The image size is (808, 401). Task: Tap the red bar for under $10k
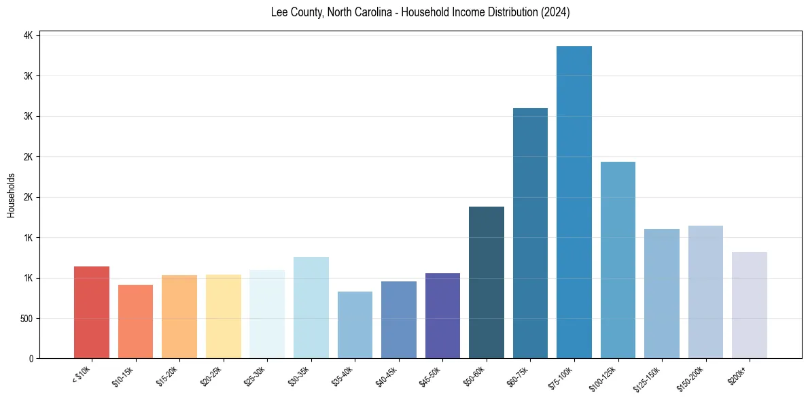tap(92, 312)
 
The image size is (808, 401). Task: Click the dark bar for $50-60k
tap(487, 282)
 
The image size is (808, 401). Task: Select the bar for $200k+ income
tap(749, 305)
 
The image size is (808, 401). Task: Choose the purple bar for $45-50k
tap(442, 315)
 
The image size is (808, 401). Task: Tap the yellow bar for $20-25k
tap(224, 316)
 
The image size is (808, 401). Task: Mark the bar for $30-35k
tap(311, 307)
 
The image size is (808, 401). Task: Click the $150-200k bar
tap(705, 292)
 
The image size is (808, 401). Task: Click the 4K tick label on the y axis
tap(29, 35)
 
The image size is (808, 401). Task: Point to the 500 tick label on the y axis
tap(27, 318)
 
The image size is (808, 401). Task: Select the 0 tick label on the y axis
tap(31, 358)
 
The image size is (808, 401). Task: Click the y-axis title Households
tap(12, 195)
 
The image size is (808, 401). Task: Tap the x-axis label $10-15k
tap(122, 375)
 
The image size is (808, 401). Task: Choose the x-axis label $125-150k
tap(646, 377)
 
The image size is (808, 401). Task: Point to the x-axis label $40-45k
tap(385, 375)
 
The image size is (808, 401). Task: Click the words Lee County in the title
tap(295, 13)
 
